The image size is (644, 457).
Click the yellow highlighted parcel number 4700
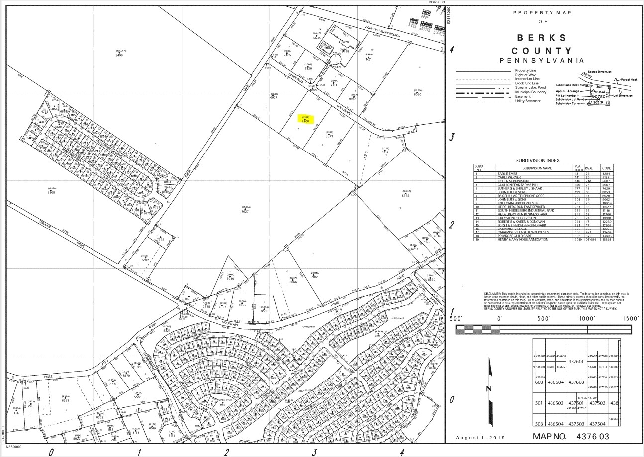click(305, 121)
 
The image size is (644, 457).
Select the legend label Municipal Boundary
click(531, 92)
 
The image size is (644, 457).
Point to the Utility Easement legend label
click(528, 101)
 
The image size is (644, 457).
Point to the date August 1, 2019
click(480, 437)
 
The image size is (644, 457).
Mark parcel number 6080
click(417, 94)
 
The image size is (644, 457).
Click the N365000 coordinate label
click(437, 2)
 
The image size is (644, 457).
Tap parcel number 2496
click(119, 55)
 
